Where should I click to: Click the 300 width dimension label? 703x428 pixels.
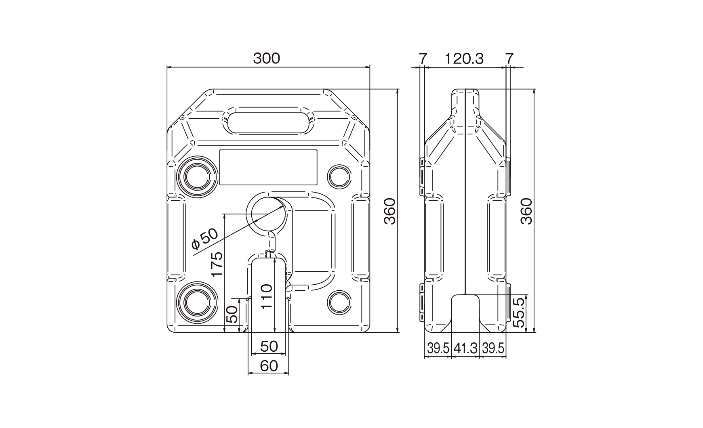click(x=266, y=59)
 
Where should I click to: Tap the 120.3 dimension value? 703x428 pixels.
click(x=464, y=59)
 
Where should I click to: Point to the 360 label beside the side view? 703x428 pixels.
click(x=526, y=211)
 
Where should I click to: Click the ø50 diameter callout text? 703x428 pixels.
click(x=205, y=239)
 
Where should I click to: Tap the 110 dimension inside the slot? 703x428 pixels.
click(x=266, y=296)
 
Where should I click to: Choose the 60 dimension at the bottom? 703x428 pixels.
click(x=269, y=366)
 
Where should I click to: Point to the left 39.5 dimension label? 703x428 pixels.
click(x=438, y=348)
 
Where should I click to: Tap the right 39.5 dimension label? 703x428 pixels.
click(x=493, y=348)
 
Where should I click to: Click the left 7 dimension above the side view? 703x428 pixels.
click(x=422, y=59)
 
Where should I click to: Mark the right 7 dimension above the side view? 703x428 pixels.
click(x=509, y=59)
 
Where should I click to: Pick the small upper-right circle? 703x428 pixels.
click(x=339, y=176)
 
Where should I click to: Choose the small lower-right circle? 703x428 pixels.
click(x=339, y=302)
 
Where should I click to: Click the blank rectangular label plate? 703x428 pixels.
click(x=268, y=168)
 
